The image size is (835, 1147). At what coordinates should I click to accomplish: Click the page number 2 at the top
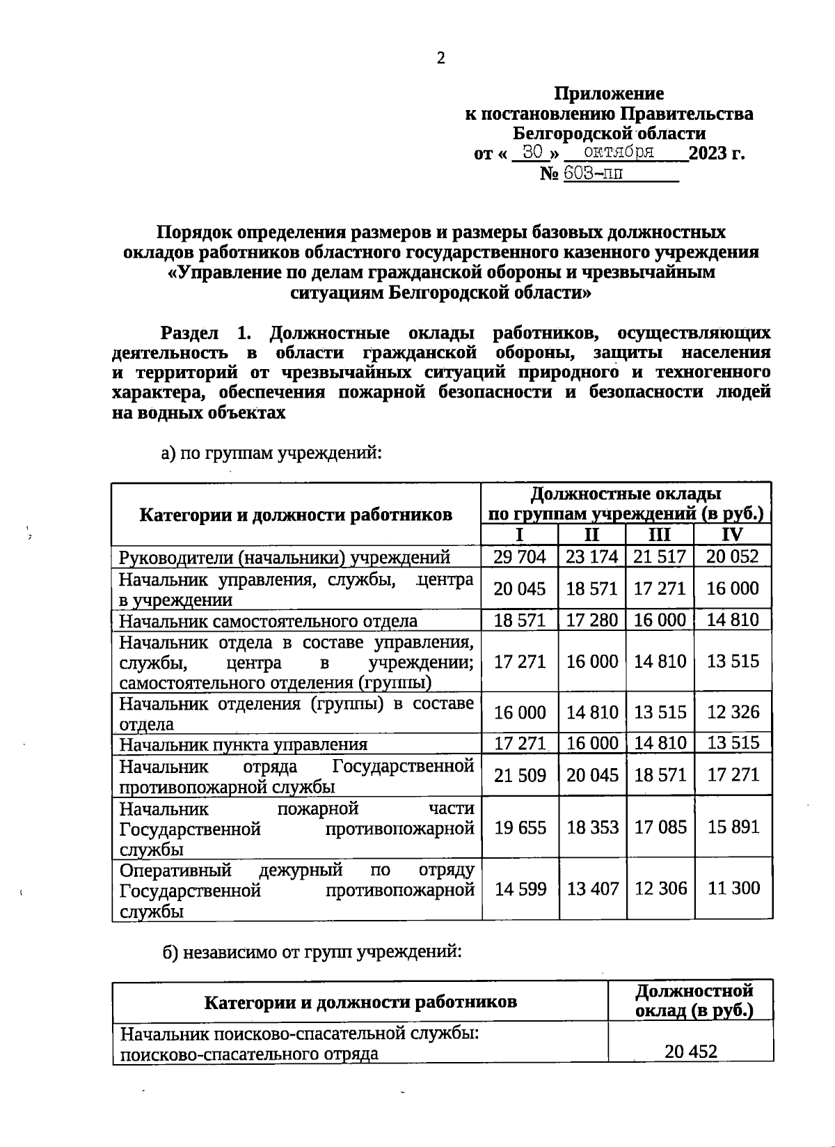click(x=440, y=58)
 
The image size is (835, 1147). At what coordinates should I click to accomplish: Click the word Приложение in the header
click(x=608, y=93)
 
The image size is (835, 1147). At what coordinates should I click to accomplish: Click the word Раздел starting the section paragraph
click(x=190, y=332)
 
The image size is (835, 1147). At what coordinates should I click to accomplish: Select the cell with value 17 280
click(x=591, y=620)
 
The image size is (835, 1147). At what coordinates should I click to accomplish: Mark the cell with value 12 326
click(x=733, y=712)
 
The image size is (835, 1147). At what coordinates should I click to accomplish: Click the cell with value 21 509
click(x=519, y=775)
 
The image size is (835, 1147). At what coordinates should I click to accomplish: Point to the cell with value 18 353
click(x=592, y=827)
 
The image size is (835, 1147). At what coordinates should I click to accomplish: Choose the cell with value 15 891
click(x=733, y=827)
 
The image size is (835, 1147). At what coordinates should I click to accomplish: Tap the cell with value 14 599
click(x=519, y=889)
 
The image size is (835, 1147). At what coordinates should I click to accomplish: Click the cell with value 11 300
click(x=733, y=888)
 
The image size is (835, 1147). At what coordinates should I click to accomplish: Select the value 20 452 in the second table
click(x=690, y=1052)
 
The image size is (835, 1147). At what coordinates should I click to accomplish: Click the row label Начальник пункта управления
click(x=243, y=744)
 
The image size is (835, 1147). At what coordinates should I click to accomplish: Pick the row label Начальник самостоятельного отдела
click(x=268, y=621)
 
